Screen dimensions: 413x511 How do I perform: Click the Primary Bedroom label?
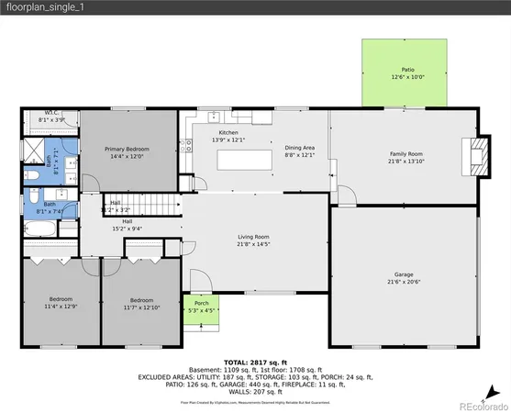(127, 149)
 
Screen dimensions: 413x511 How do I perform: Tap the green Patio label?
(407, 70)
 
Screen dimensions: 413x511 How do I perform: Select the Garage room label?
(404, 273)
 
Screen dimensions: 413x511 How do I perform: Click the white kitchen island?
(244, 160)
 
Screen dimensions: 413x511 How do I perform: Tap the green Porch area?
(201, 307)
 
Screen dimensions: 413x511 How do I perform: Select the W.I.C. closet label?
(51, 114)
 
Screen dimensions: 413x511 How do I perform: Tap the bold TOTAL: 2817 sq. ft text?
(256, 362)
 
